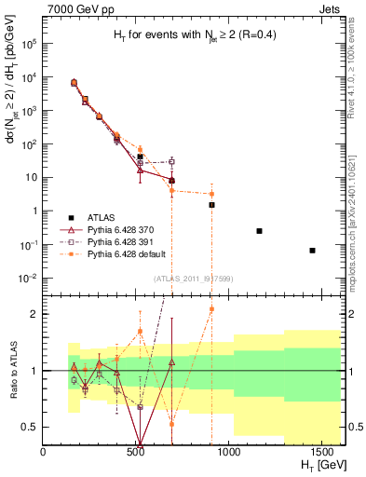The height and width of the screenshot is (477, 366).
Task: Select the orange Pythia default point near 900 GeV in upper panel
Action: [211, 194]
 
